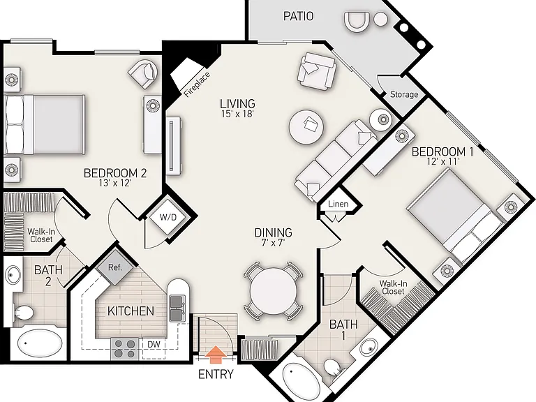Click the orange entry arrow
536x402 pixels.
pos(216,354)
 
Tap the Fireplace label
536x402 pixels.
pos(197,84)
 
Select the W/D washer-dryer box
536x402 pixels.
pos(168,218)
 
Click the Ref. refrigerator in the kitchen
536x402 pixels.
pos(115,267)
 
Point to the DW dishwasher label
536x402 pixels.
pos(154,344)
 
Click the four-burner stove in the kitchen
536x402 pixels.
pos(124,348)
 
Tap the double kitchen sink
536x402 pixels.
pos(177,308)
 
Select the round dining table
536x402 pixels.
pos(273,291)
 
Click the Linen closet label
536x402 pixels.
pos(338,204)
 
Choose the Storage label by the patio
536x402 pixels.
pos(404,94)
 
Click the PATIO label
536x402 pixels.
pos(299,16)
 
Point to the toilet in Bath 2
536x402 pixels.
pos(23,313)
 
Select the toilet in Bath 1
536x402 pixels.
pos(332,368)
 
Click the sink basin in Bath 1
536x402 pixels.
pos(368,346)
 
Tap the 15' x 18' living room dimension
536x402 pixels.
pos(237,114)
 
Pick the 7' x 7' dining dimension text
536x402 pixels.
pos(273,243)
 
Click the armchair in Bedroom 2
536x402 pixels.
pos(143,74)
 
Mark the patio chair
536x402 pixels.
pos(357,22)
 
